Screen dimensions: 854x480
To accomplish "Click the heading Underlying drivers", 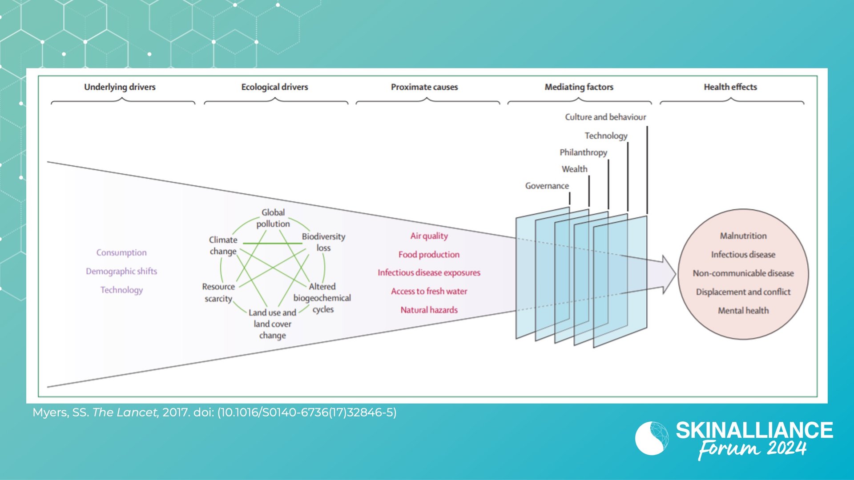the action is point(120,87).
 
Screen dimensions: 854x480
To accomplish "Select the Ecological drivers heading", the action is point(274,87).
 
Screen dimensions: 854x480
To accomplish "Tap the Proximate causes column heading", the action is point(424,87).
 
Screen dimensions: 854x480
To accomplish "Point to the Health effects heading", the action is point(730,87).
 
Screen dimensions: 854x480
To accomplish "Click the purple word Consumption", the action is point(121,252).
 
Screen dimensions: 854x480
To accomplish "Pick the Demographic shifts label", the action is point(121,271).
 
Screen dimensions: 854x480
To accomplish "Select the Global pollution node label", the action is point(273,218).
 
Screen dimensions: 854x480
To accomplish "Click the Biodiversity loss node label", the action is point(323,242).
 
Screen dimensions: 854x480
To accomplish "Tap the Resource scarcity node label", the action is point(218,292).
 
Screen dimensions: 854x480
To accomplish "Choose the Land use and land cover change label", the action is point(272,324).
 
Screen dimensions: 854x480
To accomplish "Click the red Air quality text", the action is point(429,236).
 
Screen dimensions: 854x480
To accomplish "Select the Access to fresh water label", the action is point(429,291).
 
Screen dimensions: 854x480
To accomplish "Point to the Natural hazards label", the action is point(429,310).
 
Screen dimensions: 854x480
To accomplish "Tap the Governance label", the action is point(547,186).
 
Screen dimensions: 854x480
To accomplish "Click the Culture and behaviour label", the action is point(605,117).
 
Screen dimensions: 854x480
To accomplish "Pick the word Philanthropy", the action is point(583,152).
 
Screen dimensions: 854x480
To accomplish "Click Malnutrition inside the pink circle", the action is point(743,236).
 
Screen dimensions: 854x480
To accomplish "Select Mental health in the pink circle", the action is point(743,311).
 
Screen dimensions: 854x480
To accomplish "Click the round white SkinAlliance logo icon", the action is point(652,438).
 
